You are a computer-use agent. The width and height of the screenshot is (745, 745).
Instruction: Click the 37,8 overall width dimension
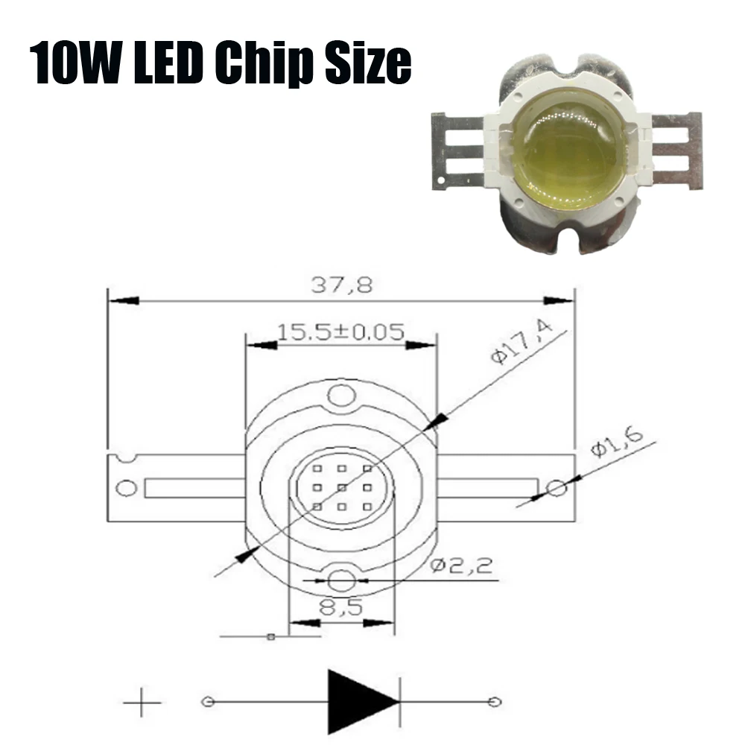tap(341, 285)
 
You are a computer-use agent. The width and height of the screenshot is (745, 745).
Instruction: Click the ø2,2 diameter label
tap(463, 566)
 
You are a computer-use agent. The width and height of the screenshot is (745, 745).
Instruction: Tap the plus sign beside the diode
tap(142, 702)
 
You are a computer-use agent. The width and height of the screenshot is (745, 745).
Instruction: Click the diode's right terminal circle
tap(493, 702)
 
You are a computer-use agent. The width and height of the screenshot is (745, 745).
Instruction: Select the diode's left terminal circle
tap(208, 702)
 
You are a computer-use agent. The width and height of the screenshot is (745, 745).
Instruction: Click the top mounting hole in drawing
tap(340, 396)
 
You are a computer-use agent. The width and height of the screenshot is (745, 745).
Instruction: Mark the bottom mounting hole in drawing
tap(340, 580)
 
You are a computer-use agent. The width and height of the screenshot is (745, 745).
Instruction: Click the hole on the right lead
tap(556, 489)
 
